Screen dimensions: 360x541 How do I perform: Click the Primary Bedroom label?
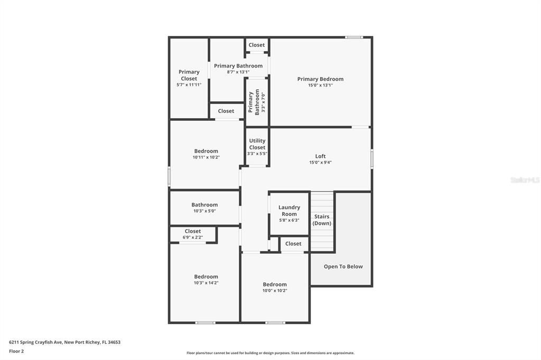[x=320, y=79]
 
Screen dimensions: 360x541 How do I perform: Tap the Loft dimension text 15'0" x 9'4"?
[x=320, y=163]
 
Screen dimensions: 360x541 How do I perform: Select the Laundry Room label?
[x=289, y=211]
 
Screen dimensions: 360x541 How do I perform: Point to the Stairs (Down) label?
[x=322, y=220]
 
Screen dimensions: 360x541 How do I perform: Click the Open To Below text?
[x=343, y=267]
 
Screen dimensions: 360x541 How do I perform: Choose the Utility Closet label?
[x=257, y=144]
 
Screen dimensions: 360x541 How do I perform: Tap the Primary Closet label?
[x=189, y=75]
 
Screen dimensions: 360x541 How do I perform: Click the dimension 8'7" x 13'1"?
[x=238, y=72]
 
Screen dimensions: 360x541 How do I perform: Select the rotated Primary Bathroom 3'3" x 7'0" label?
[x=257, y=102]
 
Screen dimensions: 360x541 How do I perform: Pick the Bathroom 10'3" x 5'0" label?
[x=204, y=207]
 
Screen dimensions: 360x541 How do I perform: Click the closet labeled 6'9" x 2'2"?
[x=193, y=234]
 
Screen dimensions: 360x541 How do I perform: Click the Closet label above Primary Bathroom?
[x=257, y=45]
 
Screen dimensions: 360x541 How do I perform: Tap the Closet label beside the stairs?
[x=293, y=243]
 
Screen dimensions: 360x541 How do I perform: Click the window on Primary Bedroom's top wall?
[x=354, y=37]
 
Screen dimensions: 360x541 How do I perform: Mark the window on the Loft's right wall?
[x=372, y=159]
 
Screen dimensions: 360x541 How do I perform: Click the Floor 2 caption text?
[x=16, y=351]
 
